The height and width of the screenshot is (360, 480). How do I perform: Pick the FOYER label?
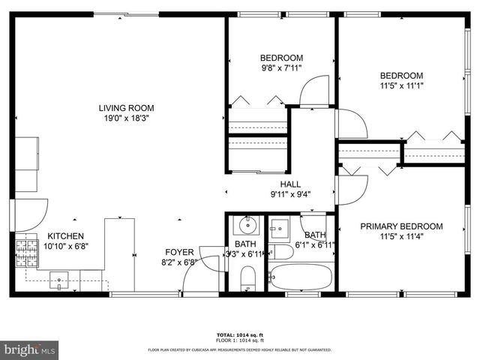coord(180,252)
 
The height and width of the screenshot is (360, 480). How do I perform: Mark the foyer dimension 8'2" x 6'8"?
coord(180,262)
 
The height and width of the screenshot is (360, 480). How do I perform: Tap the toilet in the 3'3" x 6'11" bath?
coord(247,279)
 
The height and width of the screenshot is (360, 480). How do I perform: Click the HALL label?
coord(290,184)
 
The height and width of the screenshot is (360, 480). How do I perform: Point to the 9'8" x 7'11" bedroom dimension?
coord(281,69)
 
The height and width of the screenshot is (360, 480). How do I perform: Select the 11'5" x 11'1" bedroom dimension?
coord(401,86)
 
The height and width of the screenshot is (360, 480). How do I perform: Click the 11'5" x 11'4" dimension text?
coord(401,238)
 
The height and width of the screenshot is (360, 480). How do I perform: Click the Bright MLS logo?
coord(30,349)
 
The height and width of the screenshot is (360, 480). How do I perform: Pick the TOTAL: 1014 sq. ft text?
coord(239,335)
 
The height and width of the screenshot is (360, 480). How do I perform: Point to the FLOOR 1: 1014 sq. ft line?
coord(239,341)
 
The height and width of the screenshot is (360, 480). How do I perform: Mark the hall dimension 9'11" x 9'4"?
coord(290,194)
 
